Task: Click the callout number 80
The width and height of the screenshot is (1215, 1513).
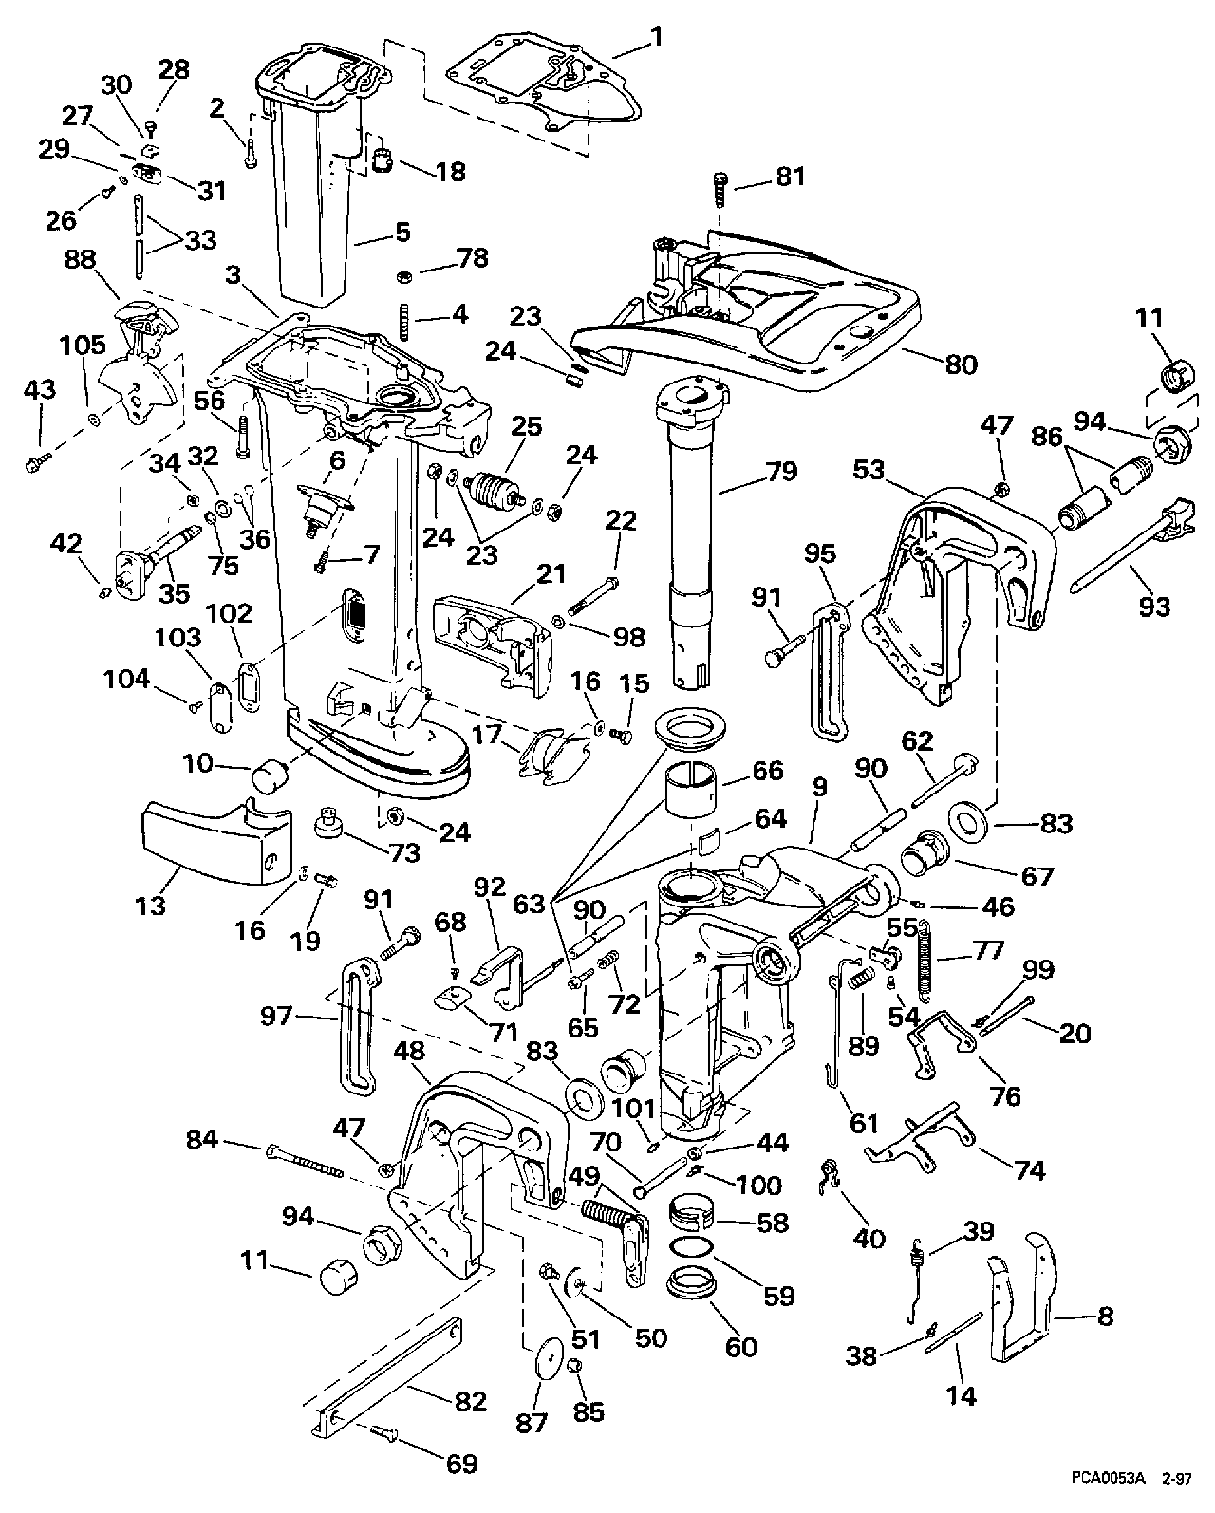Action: coord(961,364)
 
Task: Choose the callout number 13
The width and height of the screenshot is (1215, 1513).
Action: coord(150,905)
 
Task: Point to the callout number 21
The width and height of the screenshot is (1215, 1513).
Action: coord(550,573)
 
